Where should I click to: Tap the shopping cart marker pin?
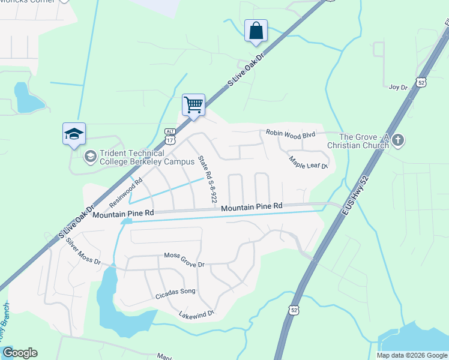[x=194, y=105]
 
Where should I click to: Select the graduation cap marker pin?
[x=74, y=134]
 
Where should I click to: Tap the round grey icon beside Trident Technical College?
[x=90, y=157]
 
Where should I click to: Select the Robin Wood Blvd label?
[x=291, y=135]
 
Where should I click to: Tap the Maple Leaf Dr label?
[x=309, y=162]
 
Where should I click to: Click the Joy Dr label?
[x=398, y=87]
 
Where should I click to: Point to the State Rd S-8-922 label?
[x=207, y=178]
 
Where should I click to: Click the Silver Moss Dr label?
[x=83, y=252]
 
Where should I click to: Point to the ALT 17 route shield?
[x=171, y=136]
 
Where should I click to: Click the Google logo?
[x=20, y=353]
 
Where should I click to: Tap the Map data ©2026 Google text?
[x=411, y=355]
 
